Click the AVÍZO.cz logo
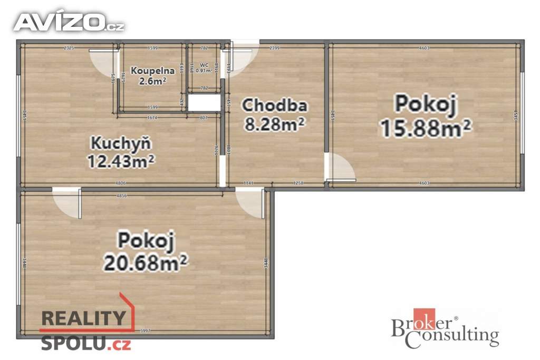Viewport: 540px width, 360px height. [69, 22]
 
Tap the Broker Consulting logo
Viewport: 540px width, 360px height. [445, 328]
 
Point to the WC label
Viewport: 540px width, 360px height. [204, 65]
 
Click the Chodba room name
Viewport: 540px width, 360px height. [274, 105]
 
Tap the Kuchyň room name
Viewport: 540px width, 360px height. [121, 143]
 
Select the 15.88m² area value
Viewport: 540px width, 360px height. [426, 128]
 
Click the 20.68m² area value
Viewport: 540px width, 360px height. [146, 261]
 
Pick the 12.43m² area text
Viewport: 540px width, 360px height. [121, 160]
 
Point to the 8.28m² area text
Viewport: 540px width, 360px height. [274, 124]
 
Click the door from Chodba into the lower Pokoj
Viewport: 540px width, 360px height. [250, 203]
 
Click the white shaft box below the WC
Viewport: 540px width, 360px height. [204, 103]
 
